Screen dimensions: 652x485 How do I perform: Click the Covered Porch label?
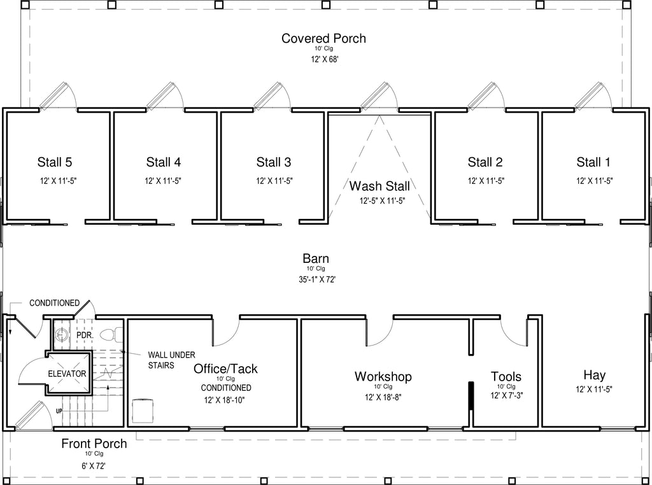323,38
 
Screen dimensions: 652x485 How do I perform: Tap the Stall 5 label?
55,162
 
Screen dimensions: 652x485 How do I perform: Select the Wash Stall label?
379,186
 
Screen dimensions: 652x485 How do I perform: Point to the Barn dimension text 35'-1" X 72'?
317,279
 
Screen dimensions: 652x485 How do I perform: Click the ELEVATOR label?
67,374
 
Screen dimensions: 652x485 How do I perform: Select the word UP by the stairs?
59,411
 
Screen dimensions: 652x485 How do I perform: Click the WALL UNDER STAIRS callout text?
171,360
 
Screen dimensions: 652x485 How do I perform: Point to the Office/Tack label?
225,369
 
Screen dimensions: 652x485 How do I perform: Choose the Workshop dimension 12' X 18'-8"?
383,397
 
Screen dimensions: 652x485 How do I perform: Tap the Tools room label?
506,377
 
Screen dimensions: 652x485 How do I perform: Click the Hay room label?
594,375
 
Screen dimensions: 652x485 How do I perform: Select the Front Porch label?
94,444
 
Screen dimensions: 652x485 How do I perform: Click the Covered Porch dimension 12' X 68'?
324,59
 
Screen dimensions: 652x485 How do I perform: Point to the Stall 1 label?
593,162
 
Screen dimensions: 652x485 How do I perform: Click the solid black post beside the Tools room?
471,396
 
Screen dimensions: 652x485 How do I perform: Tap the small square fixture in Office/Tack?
143,409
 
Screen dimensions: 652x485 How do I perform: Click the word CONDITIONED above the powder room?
55,303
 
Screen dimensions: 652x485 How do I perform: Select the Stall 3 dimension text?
274,181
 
